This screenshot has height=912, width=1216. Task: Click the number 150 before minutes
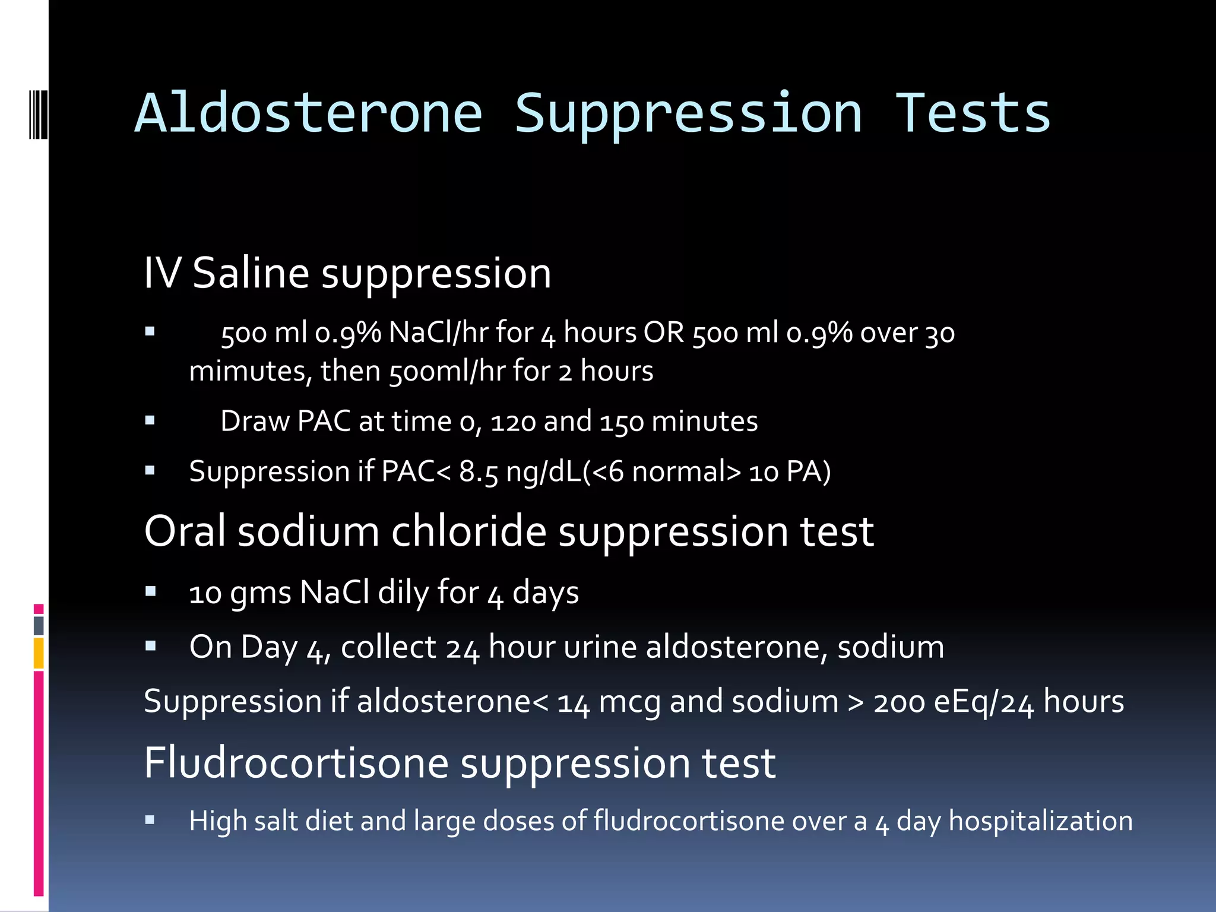click(x=622, y=422)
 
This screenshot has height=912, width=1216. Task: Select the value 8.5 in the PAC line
click(x=479, y=472)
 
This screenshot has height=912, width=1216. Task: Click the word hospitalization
click(x=1040, y=821)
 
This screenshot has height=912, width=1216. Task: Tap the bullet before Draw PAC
click(x=150, y=421)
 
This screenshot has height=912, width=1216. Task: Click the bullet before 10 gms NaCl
click(x=150, y=591)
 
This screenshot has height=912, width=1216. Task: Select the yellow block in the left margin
click(x=39, y=653)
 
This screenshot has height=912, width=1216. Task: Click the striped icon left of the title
click(x=39, y=113)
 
